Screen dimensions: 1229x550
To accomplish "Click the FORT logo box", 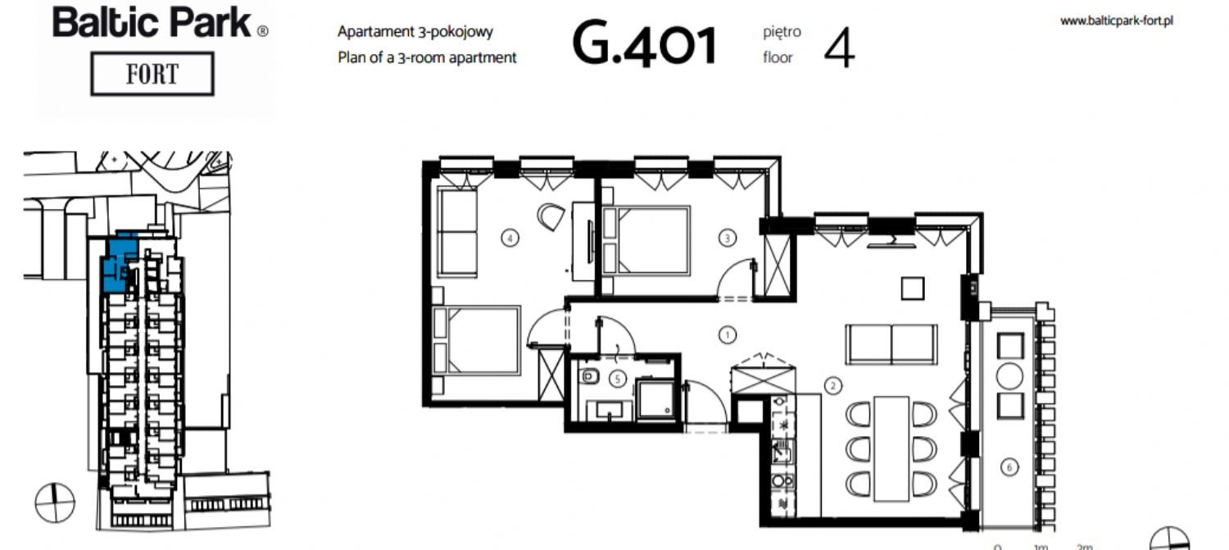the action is (152, 74).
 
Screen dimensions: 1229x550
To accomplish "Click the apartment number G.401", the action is (645, 44).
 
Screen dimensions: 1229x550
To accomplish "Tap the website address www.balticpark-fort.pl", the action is (1117, 20).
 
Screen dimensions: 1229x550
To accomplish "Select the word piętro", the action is (782, 33).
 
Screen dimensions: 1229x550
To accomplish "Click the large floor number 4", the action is (839, 48).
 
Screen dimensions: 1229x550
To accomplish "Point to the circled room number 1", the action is (728, 334).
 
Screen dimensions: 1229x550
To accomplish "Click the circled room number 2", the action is (833, 386).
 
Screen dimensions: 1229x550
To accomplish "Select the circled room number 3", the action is (728, 238).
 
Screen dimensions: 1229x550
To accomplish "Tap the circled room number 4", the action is (510, 238).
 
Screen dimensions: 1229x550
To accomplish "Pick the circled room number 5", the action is (618, 378).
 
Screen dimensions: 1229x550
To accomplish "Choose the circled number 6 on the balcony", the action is (1009, 467).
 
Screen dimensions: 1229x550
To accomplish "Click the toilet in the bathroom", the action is (589, 376).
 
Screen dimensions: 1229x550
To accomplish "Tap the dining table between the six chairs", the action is (891, 448).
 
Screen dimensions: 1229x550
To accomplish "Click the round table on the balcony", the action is (1009, 376).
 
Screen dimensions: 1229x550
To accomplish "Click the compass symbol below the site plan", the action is (55, 502).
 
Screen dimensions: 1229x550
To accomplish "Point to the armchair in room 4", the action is (551, 217).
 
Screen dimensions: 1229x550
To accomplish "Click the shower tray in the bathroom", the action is (655, 398).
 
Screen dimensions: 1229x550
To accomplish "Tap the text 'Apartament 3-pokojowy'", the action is (415, 32).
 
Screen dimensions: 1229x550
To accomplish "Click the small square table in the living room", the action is (913, 289).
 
